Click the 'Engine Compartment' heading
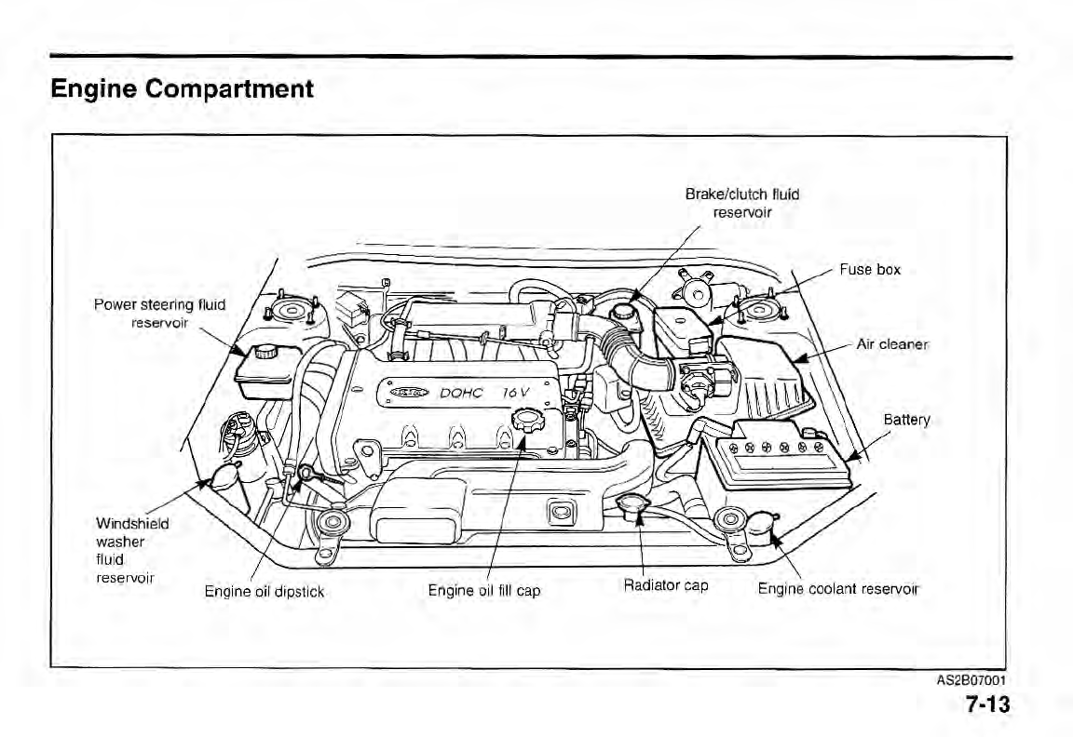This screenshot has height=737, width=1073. tap(182, 89)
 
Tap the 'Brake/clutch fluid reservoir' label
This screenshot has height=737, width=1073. tap(741, 203)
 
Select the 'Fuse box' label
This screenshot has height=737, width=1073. tap(870, 270)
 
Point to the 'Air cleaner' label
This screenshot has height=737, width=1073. tap(892, 343)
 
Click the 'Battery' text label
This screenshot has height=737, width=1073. tap(906, 420)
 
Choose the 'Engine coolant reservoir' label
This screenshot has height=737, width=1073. tap(838, 588)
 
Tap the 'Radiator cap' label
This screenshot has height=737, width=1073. tap(666, 585)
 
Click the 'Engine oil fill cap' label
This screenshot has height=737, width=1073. tap(483, 590)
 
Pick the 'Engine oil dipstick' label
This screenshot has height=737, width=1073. tap(265, 591)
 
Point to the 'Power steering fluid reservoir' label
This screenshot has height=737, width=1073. tap(159, 313)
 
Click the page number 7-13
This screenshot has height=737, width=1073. tap(986, 704)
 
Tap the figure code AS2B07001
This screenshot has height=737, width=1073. tap(973, 680)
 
